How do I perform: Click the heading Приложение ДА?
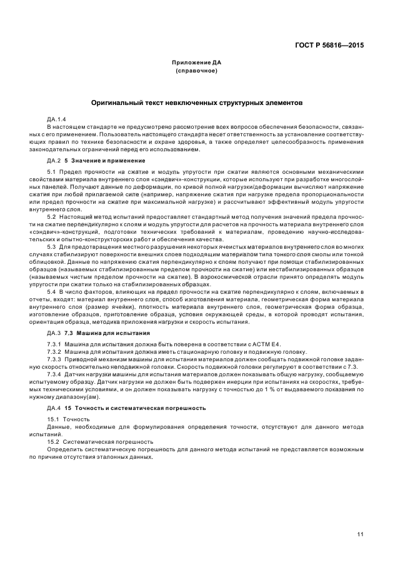tap(197, 62)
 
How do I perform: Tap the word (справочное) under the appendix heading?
tap(197, 71)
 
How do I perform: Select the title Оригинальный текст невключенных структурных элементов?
tap(197, 101)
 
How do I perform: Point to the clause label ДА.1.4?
tap(56, 119)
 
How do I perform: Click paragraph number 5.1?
tap(52, 172)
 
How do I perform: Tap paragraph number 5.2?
tap(52, 216)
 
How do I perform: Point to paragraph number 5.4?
tap(52, 292)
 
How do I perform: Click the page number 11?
tap(361, 534)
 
